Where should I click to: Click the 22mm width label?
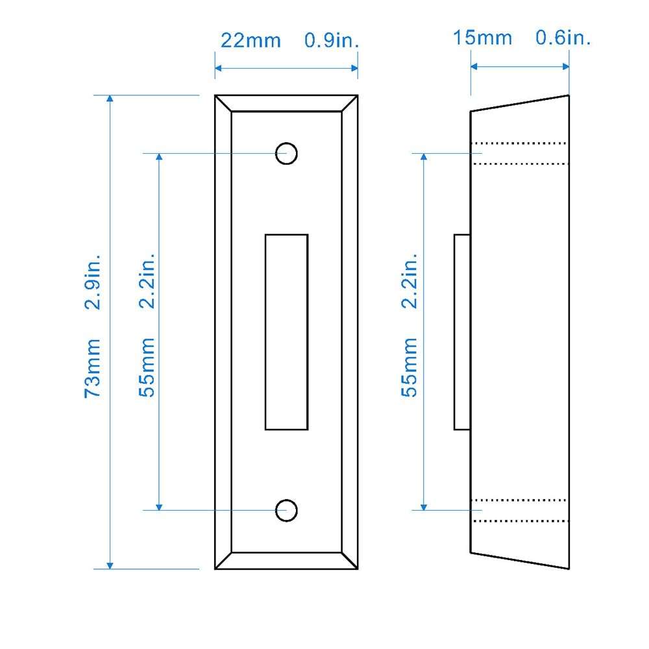pos(251,40)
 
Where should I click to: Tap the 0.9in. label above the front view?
pos(332,40)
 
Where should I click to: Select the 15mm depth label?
pos(482,38)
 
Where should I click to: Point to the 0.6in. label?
pos(563,38)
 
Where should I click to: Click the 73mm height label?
pos(93,368)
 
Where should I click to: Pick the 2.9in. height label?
pos(93,280)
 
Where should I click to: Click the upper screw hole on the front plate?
pos(286,154)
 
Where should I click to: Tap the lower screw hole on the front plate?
pos(286,510)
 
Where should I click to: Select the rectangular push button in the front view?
pos(286,332)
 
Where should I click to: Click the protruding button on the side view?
pos(461,332)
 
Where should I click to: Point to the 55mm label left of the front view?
pos(148,368)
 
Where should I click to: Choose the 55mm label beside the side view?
pos(410,368)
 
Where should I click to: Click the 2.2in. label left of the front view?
pos(148,280)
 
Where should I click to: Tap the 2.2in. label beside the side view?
pos(410,280)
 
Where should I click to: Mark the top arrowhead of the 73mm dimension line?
pos(110,99)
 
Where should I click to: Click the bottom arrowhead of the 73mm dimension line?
pos(110,565)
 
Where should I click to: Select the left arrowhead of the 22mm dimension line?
pos(219,67)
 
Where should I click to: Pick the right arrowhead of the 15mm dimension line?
pos(565,66)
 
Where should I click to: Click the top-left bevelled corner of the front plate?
pos(223,103)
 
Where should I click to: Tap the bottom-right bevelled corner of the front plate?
pos(350,561)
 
